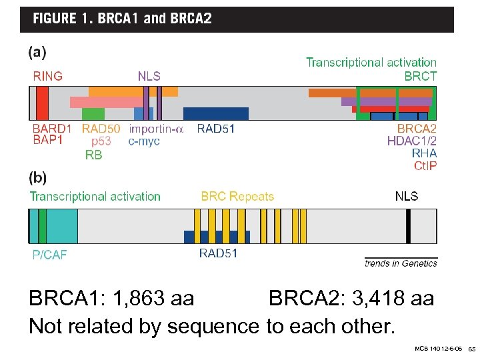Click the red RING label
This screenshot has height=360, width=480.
tap(48, 76)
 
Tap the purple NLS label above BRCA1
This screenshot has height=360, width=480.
tap(149, 76)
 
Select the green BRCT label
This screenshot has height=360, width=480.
tap(421, 76)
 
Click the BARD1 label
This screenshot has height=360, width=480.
tap(52, 129)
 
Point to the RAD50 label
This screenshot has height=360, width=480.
tap(101, 129)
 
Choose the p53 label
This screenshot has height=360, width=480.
tap(101, 141)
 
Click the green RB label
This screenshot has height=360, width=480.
tap(94, 155)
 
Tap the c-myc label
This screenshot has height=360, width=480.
tap(144, 141)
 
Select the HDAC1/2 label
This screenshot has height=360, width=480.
tap(412, 141)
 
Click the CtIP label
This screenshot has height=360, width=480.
tap(425, 166)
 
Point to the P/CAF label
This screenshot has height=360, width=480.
tap(50, 255)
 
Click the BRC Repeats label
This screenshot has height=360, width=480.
tap(237, 196)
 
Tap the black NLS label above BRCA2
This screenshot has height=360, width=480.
tap(407, 196)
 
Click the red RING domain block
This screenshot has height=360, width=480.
tap(42, 103)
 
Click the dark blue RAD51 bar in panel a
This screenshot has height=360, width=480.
tap(216, 113)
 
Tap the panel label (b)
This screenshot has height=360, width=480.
tap(37, 179)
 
